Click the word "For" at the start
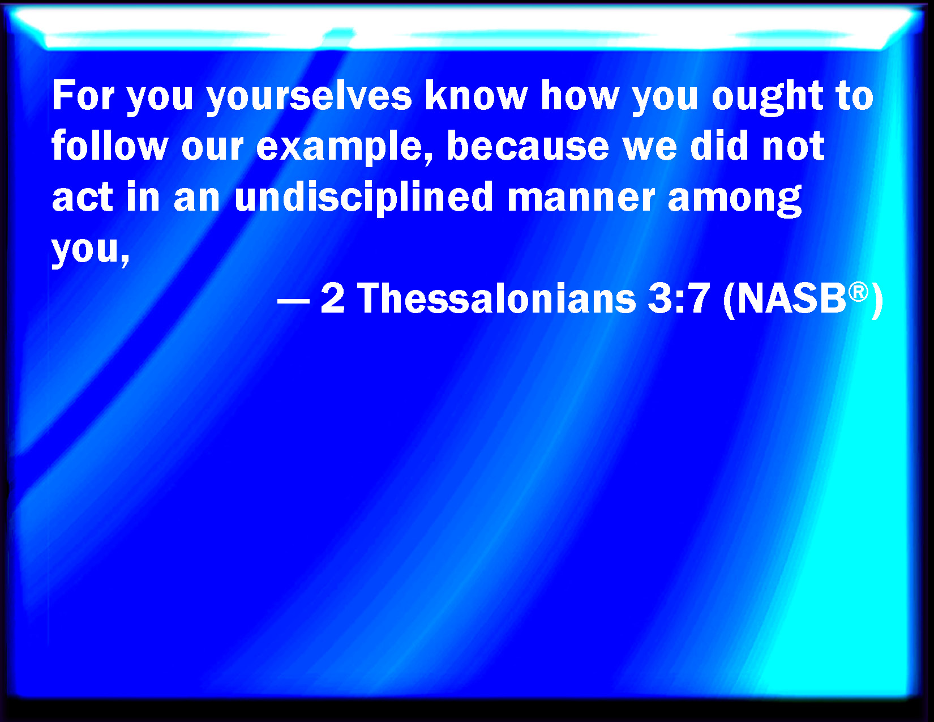pyautogui.click(x=83, y=96)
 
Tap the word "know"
pyautogui.click(x=476, y=96)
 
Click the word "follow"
pyautogui.click(x=110, y=146)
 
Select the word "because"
pyautogui.click(x=528, y=146)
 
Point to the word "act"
pyautogui.click(x=83, y=197)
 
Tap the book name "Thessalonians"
pyautogui.click(x=496, y=298)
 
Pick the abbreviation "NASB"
pyautogui.click(x=792, y=298)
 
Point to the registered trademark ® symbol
pyautogui.click(x=858, y=292)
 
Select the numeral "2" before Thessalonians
pyautogui.click(x=333, y=298)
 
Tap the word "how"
pyautogui.click(x=580, y=96)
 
